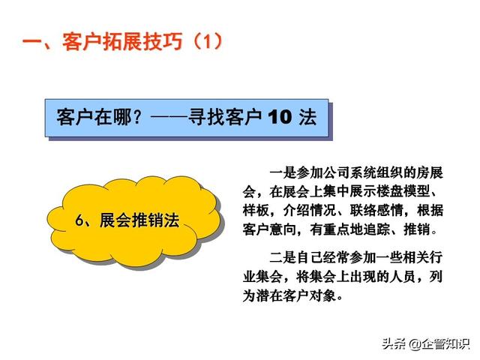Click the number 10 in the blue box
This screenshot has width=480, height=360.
click(x=280, y=117)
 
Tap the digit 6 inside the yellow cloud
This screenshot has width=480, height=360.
click(x=79, y=220)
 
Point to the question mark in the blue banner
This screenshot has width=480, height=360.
click(x=138, y=117)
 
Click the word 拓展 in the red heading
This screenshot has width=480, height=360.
click(x=122, y=42)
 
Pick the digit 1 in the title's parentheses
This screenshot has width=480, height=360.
click(x=207, y=42)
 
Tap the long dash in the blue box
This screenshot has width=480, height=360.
click(x=169, y=117)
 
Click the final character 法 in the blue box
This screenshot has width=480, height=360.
click(x=307, y=117)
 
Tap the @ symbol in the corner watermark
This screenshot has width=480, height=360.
click(x=415, y=344)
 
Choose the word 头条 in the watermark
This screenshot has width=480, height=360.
click(x=394, y=344)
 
